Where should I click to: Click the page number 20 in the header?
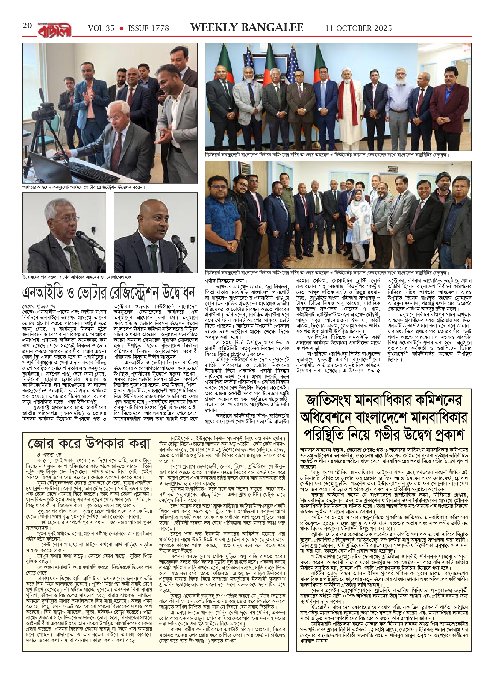[x=27, y=26]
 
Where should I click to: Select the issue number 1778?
[x=159, y=28]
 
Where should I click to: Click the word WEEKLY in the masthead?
[x=211, y=28]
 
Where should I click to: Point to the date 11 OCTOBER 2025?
[x=358, y=28]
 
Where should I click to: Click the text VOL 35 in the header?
[x=101, y=28]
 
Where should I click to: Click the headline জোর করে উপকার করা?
[x=89, y=443]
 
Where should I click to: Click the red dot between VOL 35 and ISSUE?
[x=122, y=28]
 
